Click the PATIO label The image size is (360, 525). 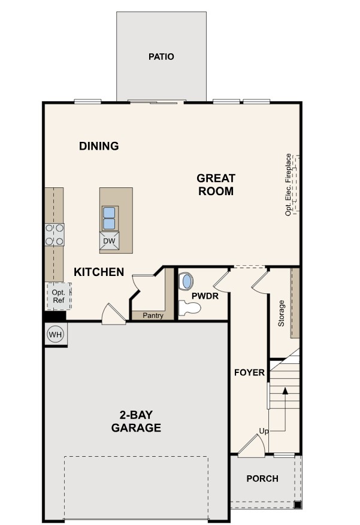tap(161, 57)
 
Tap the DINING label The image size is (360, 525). tap(99, 146)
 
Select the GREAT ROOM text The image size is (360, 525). tap(216, 185)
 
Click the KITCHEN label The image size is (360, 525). tap(99, 272)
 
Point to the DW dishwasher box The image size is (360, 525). tap(109, 241)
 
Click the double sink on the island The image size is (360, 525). tap(109, 219)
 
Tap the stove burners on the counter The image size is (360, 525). tap(55, 234)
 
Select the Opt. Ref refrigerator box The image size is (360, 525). tap(59, 296)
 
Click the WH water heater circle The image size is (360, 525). tap(56, 334)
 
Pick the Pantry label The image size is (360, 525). tap(153, 315)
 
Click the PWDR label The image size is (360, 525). tap(205, 296)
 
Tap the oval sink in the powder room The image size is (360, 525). tap(187, 281)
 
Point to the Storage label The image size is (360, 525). tap(282, 312)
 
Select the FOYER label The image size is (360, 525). tap(249, 372)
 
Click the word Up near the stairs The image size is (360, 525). tap(264, 430)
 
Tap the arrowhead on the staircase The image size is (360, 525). tap(285, 391)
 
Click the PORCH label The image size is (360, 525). tap(262, 478)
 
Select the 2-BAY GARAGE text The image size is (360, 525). tap(137, 421)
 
